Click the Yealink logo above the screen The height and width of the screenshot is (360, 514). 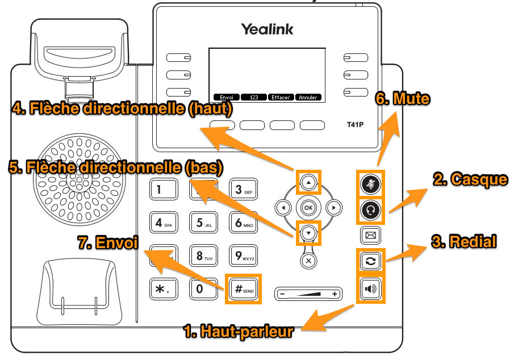coord(267,29)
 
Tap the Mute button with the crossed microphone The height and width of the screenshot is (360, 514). coord(371,184)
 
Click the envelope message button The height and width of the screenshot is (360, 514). coord(371,235)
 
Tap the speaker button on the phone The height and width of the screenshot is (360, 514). coord(371,290)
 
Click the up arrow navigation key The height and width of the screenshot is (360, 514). coord(308,183)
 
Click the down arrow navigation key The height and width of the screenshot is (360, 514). coord(308,232)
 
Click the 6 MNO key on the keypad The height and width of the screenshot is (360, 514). coord(243,222)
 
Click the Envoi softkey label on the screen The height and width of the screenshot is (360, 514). coord(225,97)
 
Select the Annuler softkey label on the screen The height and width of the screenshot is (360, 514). coord(308,97)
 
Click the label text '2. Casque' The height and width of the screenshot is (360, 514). coord(470,179)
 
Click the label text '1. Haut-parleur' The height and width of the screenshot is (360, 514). coord(239,331)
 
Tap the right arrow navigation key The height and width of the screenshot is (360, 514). coord(334,208)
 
